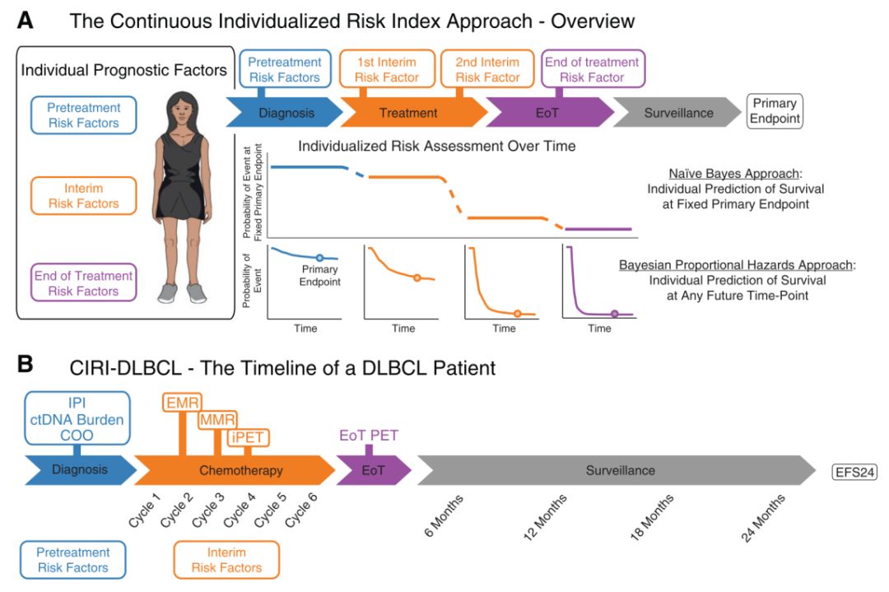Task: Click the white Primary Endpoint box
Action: pos(774,111)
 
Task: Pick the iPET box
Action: pos(250,438)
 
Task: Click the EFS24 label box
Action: pos(854,472)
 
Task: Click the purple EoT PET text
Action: pos(369,436)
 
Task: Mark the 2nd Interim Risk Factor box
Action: pos(487,70)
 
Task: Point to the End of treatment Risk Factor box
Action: pos(593,70)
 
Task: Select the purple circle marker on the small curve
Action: pos(615,313)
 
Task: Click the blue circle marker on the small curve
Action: pos(319,258)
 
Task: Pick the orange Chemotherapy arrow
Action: pos(240,471)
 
